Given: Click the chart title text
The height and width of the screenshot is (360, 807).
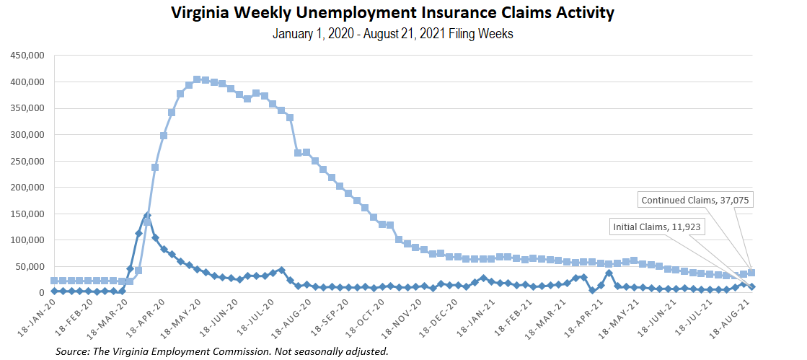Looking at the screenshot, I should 393,14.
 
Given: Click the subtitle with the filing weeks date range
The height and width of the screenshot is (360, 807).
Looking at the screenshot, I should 393,34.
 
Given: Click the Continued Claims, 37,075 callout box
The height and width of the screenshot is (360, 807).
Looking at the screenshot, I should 696,200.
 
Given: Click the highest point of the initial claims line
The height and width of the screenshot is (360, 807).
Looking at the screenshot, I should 146,216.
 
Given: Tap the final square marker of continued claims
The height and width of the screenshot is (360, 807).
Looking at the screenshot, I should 751,273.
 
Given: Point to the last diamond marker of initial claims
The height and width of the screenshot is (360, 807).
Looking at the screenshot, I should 751,286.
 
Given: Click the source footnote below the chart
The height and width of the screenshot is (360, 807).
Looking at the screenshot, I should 221,351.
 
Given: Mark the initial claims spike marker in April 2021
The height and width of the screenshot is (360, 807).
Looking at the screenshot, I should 609,273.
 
